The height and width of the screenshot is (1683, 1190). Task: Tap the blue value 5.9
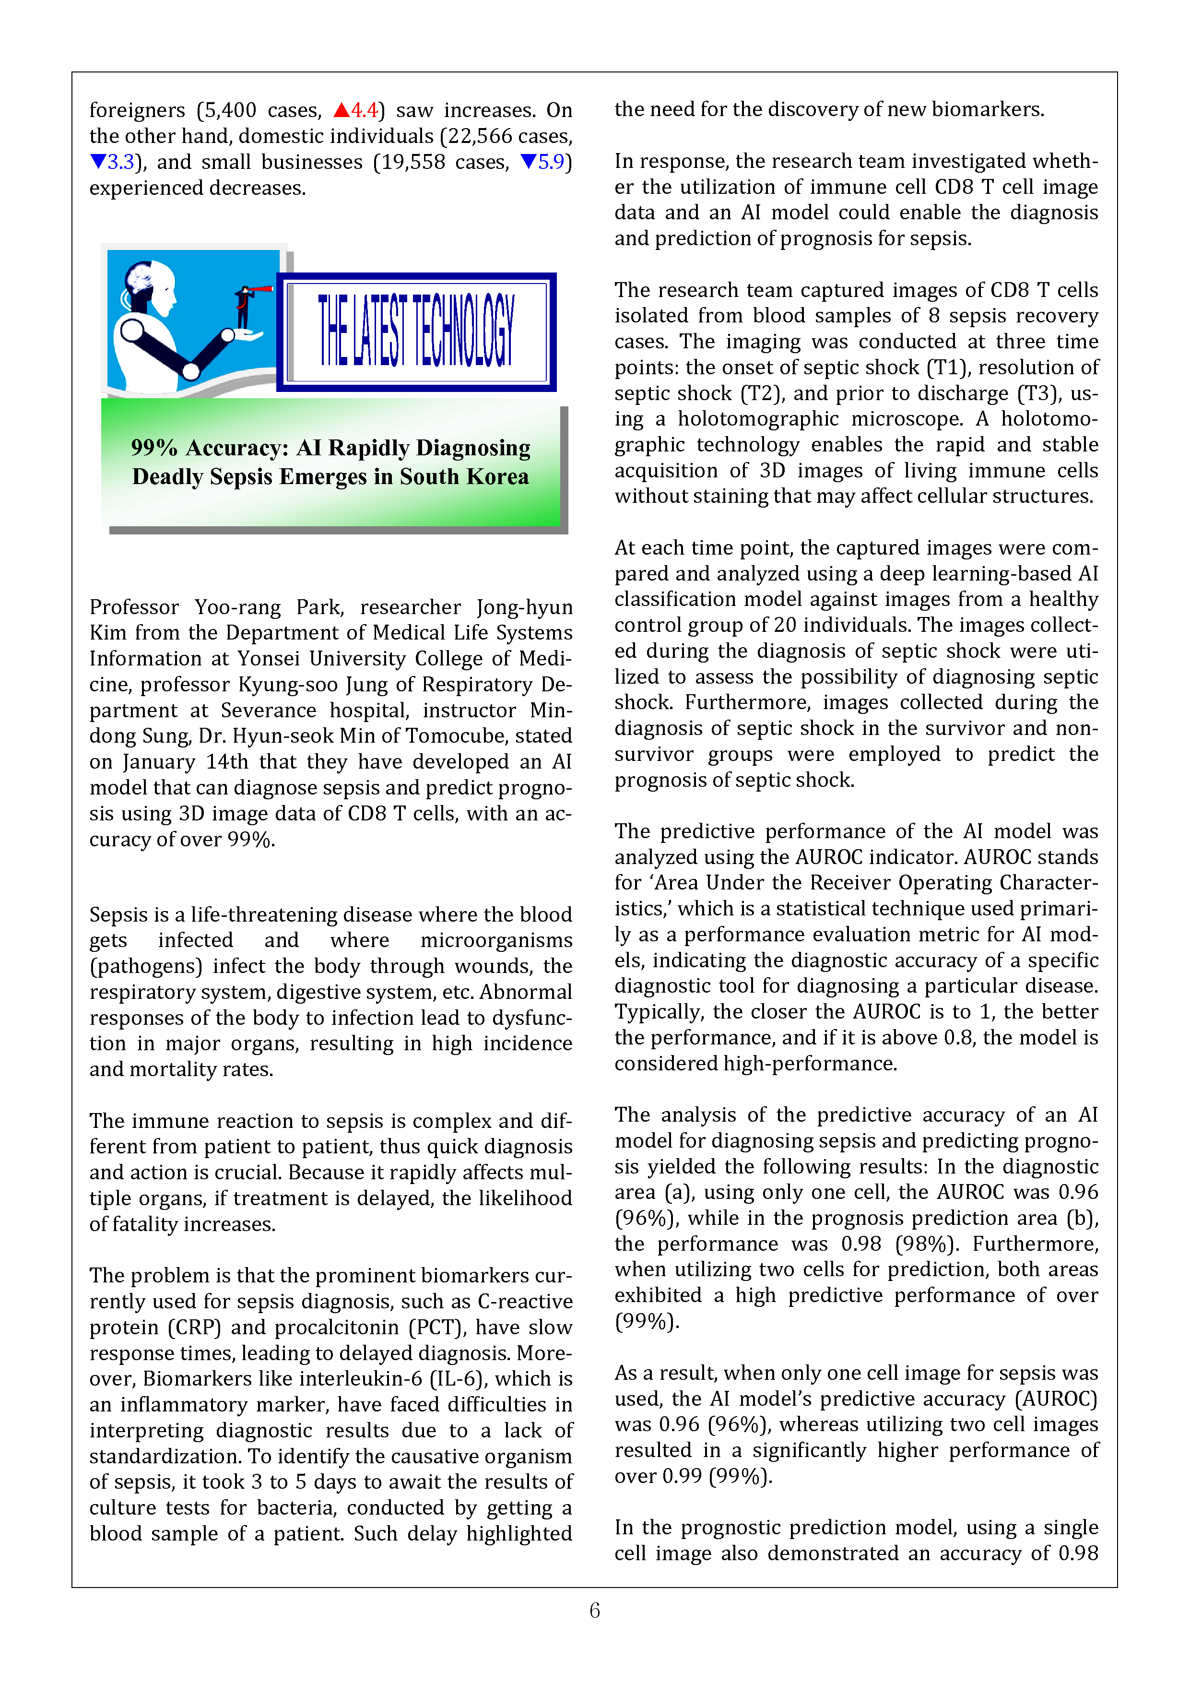[551, 162]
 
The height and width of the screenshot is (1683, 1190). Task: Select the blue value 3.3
[120, 162]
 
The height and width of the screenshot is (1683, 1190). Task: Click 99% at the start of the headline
[154, 448]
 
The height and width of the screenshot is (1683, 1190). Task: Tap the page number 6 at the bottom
[594, 1611]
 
